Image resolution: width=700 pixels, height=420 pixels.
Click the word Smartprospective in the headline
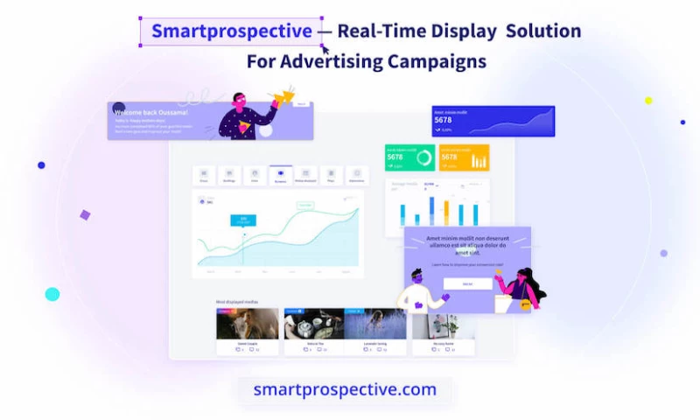coord(231,31)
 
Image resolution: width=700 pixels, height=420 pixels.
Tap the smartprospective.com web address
coord(345,389)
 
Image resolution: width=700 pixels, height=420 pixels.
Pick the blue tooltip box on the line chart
coord(243,220)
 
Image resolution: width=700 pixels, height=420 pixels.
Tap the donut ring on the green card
coord(424,158)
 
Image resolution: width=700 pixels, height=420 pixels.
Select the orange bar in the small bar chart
coord(446,213)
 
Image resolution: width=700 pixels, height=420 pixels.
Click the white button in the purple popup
coord(466,283)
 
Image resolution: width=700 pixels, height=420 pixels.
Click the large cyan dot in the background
coord(52,294)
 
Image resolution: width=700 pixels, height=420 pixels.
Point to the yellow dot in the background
coord(648,101)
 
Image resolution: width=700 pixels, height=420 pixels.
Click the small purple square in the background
coord(85,214)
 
